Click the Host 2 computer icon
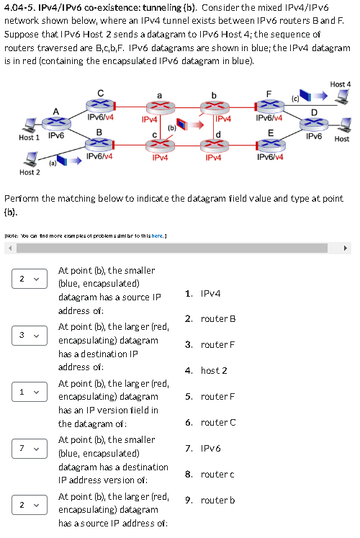coord(30,160)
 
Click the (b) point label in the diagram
coord(171,127)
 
